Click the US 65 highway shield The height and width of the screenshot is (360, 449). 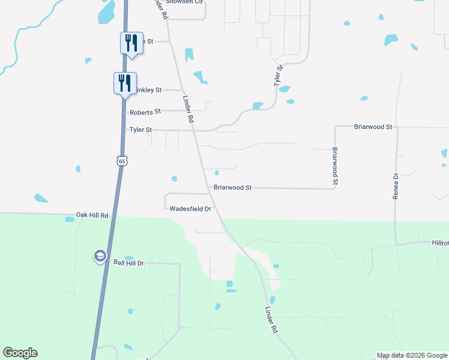pyautogui.click(x=122, y=161)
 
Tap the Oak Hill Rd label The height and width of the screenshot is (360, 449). pyautogui.click(x=92, y=215)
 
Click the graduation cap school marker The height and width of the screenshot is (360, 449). pyautogui.click(x=99, y=256)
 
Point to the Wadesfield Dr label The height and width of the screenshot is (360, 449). pyautogui.click(x=190, y=209)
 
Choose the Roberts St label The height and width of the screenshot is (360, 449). pyautogui.click(x=145, y=112)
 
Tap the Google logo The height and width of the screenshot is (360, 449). pyautogui.click(x=20, y=353)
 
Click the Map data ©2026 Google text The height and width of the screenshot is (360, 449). pyautogui.click(x=411, y=355)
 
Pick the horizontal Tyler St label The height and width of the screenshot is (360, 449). pyautogui.click(x=141, y=130)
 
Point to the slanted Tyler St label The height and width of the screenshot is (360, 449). pyautogui.click(x=279, y=76)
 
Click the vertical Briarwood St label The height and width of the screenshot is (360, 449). pyautogui.click(x=336, y=166)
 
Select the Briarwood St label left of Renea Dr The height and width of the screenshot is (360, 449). pyautogui.click(x=373, y=127)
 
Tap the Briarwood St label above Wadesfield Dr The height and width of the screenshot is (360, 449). pyautogui.click(x=232, y=188)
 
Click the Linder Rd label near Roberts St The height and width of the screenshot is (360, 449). pyautogui.click(x=187, y=110)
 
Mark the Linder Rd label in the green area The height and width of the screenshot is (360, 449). pyautogui.click(x=271, y=321)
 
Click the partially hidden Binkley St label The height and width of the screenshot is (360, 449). pyautogui.click(x=149, y=90)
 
